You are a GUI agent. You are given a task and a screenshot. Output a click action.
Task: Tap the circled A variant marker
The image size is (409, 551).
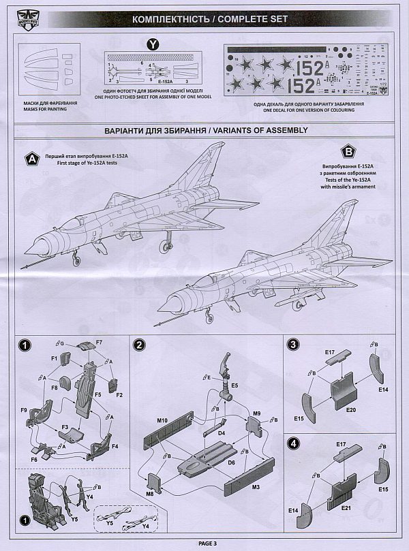tap(31, 159)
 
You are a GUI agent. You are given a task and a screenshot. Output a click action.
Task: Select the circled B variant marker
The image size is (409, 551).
tap(350, 153)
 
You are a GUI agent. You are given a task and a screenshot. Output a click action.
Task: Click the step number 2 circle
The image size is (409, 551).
tap(139, 345)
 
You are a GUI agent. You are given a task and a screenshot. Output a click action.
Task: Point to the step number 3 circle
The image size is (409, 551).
tap(292, 345)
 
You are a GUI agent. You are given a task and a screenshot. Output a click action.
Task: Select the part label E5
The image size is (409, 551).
tap(234, 385)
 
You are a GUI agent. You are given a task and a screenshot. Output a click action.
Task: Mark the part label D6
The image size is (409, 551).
tap(231, 462)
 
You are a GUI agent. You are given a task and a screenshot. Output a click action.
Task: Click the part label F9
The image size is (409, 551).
tap(24, 410)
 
